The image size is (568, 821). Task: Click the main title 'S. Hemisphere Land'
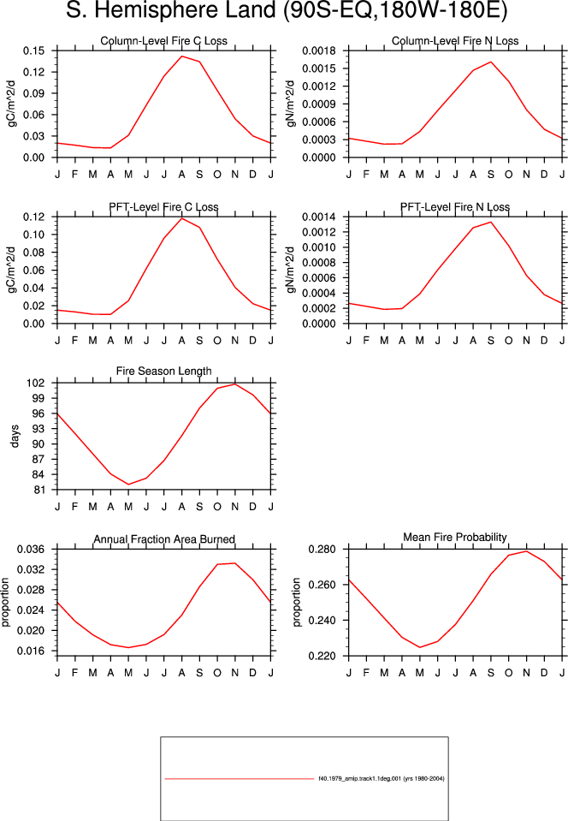pyautogui.click(x=172, y=11)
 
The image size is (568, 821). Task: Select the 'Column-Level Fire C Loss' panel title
pyautogui.click(x=163, y=41)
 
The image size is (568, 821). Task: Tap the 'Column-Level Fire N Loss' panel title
pyautogui.click(x=455, y=41)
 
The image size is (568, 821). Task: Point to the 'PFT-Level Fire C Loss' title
pyautogui.click(x=163, y=207)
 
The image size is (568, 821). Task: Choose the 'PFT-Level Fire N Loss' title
pyautogui.click(x=455, y=207)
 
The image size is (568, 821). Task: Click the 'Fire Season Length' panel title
pyautogui.click(x=163, y=372)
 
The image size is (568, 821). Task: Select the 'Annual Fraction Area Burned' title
pyautogui.click(x=164, y=539)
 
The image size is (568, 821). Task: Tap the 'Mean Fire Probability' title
pyautogui.click(x=455, y=538)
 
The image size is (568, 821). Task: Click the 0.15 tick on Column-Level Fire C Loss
pyautogui.click(x=33, y=51)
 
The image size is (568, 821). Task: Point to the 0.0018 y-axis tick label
pyautogui.click(x=319, y=51)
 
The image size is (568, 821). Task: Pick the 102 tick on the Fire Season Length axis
pyautogui.click(x=36, y=383)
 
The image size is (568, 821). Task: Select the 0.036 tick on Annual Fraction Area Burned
pyautogui.click(x=31, y=550)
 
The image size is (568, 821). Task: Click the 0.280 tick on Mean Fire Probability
pyautogui.click(x=322, y=550)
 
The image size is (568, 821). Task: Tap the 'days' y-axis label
pyautogui.click(x=15, y=436)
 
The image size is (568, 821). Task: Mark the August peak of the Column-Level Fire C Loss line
pyautogui.click(x=181, y=56)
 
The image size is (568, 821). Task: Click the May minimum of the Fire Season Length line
pyautogui.click(x=128, y=485)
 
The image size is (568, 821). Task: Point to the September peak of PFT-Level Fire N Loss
pyautogui.click(x=491, y=222)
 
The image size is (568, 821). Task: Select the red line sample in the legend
pyautogui.click(x=239, y=778)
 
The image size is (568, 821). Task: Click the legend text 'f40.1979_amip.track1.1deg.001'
pyautogui.click(x=360, y=778)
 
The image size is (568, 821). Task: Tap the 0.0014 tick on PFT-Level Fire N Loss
pyautogui.click(x=319, y=217)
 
